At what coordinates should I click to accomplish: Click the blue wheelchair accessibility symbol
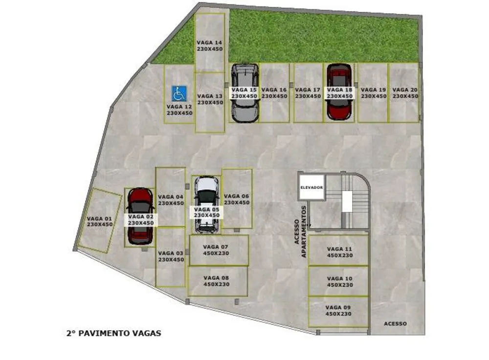[x=179, y=93]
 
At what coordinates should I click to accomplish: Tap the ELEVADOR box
[x=311, y=187]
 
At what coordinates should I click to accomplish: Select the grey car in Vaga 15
[x=245, y=93]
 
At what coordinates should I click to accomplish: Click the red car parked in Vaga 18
[x=339, y=92]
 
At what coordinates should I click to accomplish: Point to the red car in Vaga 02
[x=140, y=216]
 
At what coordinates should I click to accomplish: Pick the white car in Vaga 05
[x=206, y=205]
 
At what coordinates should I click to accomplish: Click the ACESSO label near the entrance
[x=395, y=324]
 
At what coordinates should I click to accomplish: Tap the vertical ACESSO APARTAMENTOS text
[x=300, y=232]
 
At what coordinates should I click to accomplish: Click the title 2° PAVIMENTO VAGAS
[x=114, y=333]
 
